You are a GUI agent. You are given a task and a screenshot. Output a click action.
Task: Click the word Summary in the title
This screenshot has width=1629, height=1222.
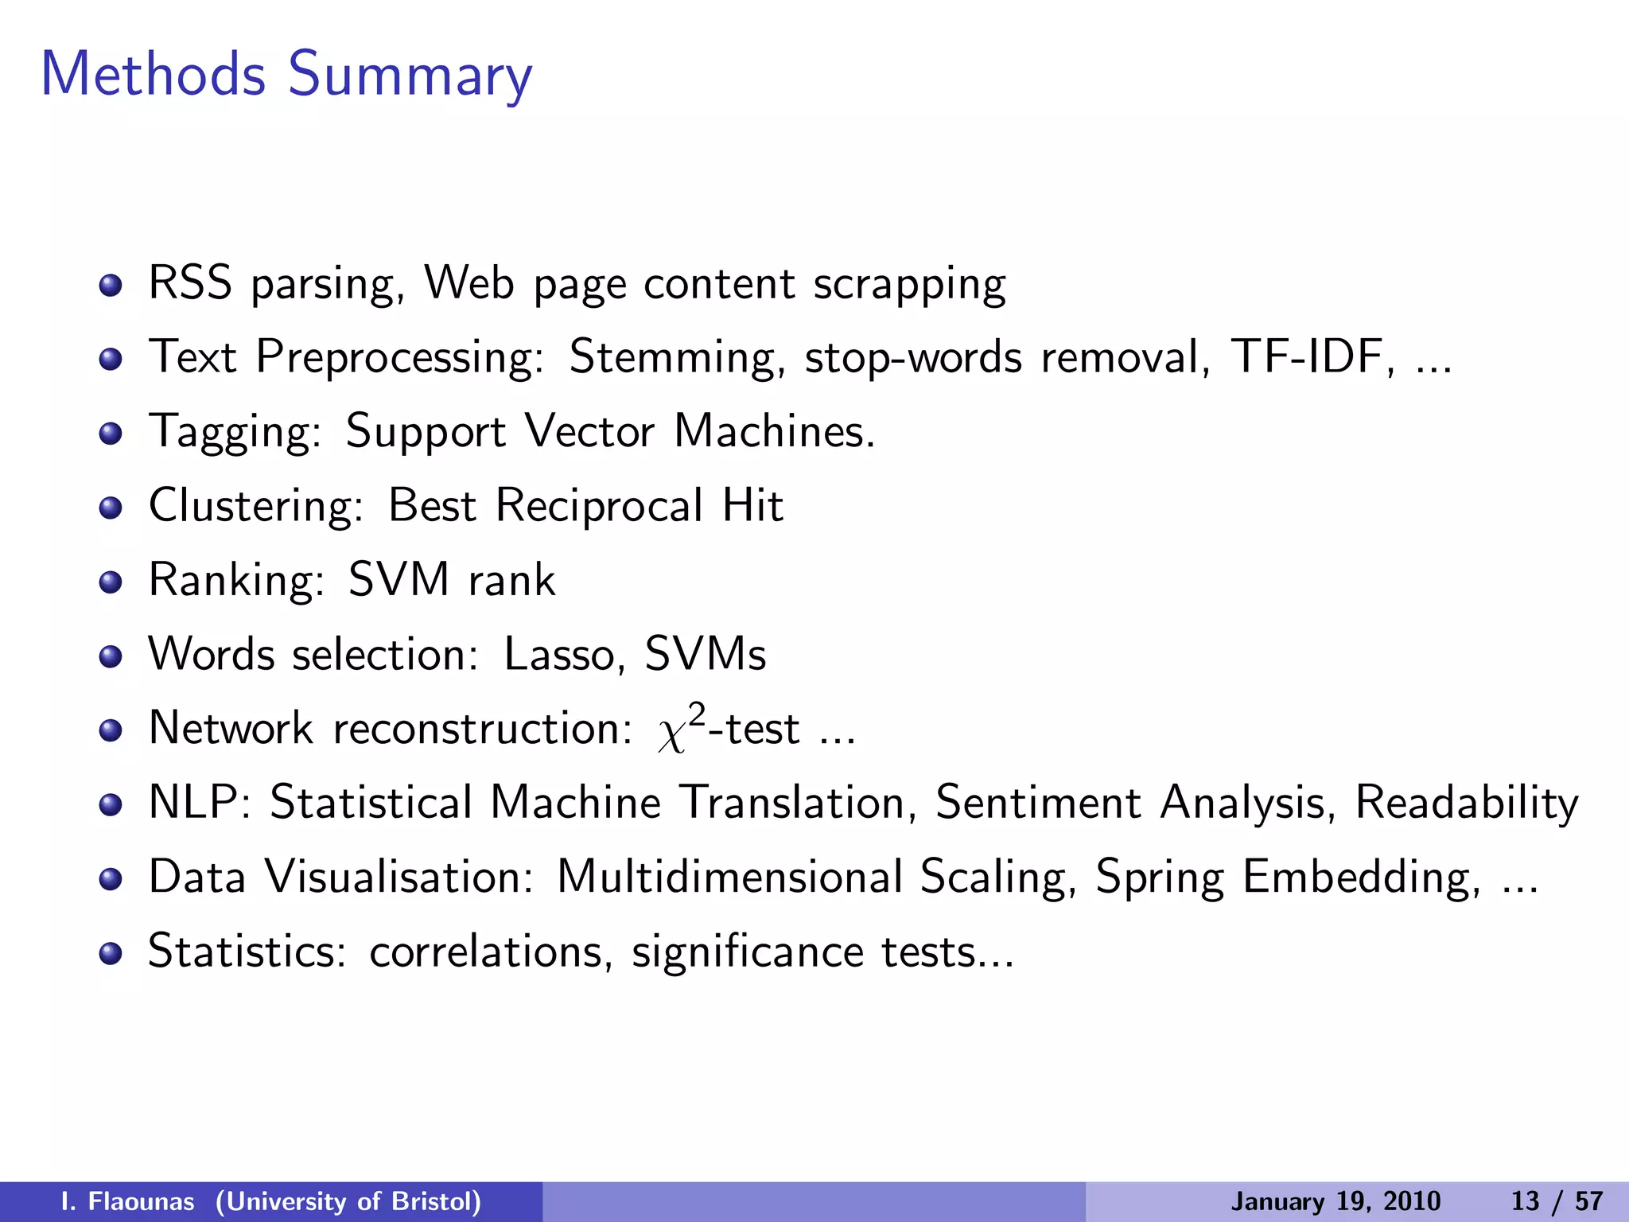pos(409,76)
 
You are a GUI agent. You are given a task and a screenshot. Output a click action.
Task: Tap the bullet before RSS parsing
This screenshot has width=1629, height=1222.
pos(111,286)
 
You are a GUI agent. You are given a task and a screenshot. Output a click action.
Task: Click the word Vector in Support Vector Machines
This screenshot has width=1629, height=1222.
pos(589,431)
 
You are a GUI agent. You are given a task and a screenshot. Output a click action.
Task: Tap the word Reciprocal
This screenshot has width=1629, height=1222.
pos(599,506)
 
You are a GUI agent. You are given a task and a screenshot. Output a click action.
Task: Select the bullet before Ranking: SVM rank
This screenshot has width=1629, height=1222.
pos(111,582)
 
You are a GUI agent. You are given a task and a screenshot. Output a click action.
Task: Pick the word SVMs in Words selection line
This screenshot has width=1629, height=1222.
pos(705,654)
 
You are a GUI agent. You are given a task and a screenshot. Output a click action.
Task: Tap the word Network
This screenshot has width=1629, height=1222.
pos(231,728)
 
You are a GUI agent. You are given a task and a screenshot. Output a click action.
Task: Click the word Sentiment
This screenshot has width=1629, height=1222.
pos(1037,802)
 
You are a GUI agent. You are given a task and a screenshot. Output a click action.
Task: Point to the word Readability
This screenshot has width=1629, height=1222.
pos(1466,802)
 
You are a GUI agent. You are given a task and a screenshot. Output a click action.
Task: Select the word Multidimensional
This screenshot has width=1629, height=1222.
pos(729,877)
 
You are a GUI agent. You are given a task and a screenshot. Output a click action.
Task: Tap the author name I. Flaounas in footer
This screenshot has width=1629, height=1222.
pos(127,1201)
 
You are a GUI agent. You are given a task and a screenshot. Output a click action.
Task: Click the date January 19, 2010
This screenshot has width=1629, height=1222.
pos(1335,1201)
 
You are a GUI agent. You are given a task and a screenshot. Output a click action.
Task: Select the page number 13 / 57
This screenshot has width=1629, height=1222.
pos(1556,1201)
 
